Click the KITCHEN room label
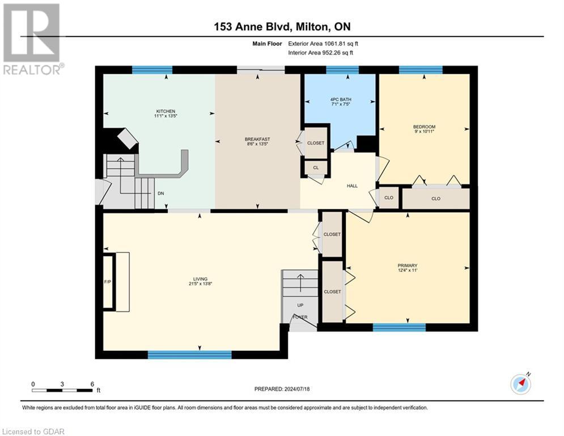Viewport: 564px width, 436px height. pyautogui.click(x=166, y=111)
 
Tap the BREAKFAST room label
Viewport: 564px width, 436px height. pyautogui.click(x=257, y=139)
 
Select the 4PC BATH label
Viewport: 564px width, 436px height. pyautogui.click(x=340, y=99)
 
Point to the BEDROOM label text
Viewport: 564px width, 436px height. pyautogui.click(x=424, y=127)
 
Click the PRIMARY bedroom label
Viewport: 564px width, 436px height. pyautogui.click(x=407, y=265)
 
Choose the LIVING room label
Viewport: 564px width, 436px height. pyautogui.click(x=200, y=279)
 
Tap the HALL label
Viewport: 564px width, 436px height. pyautogui.click(x=352, y=186)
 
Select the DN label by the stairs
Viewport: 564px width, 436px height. pyautogui.click(x=161, y=193)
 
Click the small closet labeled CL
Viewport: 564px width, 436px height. pyautogui.click(x=316, y=168)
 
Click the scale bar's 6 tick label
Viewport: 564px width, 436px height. pyautogui.click(x=92, y=383)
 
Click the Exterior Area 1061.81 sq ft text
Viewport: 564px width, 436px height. pyautogui.click(x=323, y=43)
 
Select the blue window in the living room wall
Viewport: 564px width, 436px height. pyautogui.click(x=189, y=355)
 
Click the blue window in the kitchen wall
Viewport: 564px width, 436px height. pyautogui.click(x=152, y=70)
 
